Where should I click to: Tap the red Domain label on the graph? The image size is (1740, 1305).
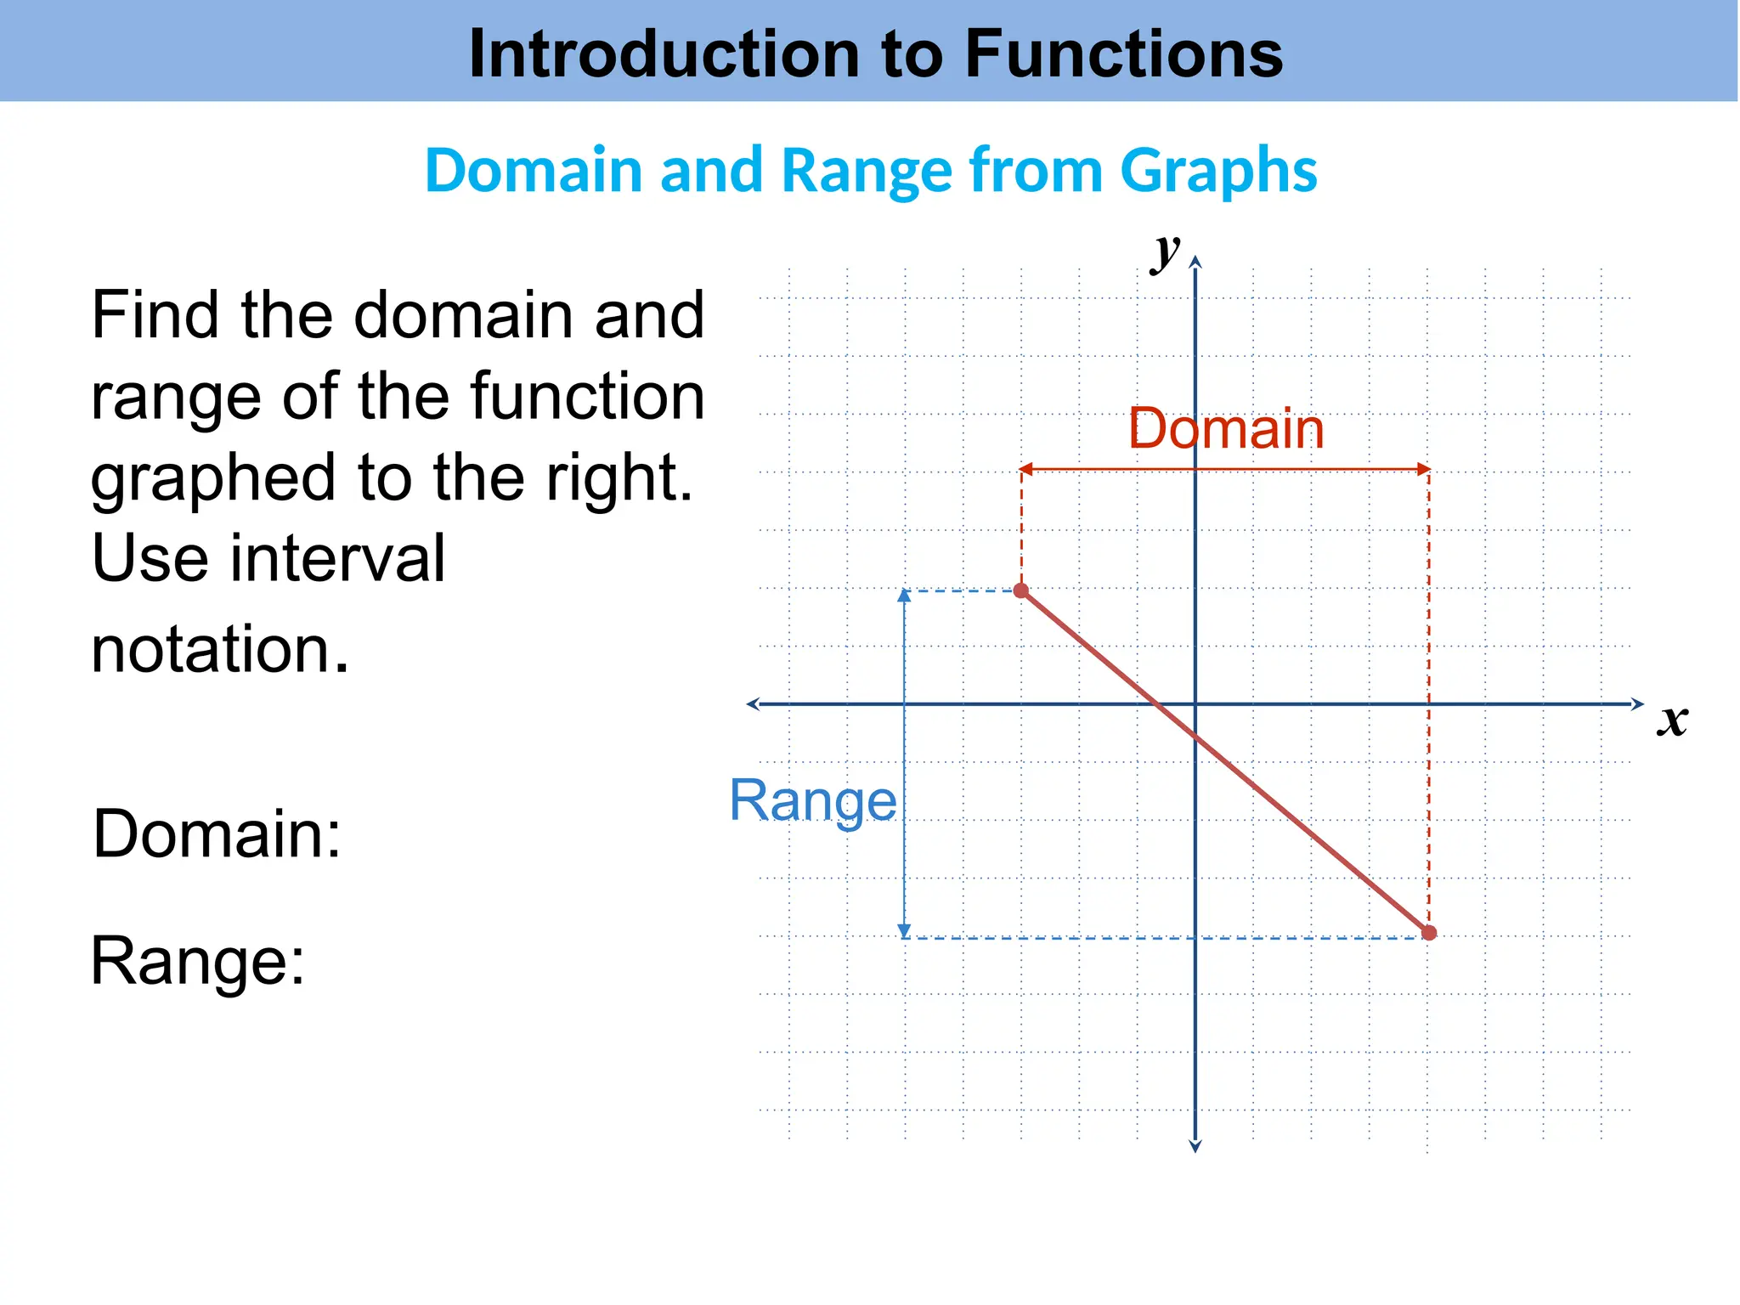pyautogui.click(x=1226, y=429)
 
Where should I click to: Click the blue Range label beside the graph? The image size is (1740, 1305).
pyautogui.click(x=813, y=800)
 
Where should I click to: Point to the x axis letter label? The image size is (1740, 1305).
pyautogui.click(x=1672, y=720)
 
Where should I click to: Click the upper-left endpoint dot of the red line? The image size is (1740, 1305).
pyautogui.click(x=1021, y=590)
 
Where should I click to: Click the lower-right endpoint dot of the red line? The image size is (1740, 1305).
pyautogui.click(x=1429, y=933)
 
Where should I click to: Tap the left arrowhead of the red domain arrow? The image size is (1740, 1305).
pyautogui.click(x=1025, y=469)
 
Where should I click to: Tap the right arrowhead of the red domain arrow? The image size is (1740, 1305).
pyautogui.click(x=1424, y=469)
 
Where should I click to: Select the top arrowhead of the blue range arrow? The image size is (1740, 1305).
pyautogui.click(x=905, y=596)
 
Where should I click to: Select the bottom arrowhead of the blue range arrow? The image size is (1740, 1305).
pyautogui.click(x=905, y=931)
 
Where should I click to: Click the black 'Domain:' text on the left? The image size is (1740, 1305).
pyautogui.click(x=217, y=834)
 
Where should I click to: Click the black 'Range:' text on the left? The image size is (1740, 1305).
pyautogui.click(x=197, y=962)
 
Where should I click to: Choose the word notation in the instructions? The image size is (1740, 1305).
pyautogui.click(x=219, y=649)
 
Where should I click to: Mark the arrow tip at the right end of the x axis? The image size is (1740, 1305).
pyautogui.click(x=1641, y=703)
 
